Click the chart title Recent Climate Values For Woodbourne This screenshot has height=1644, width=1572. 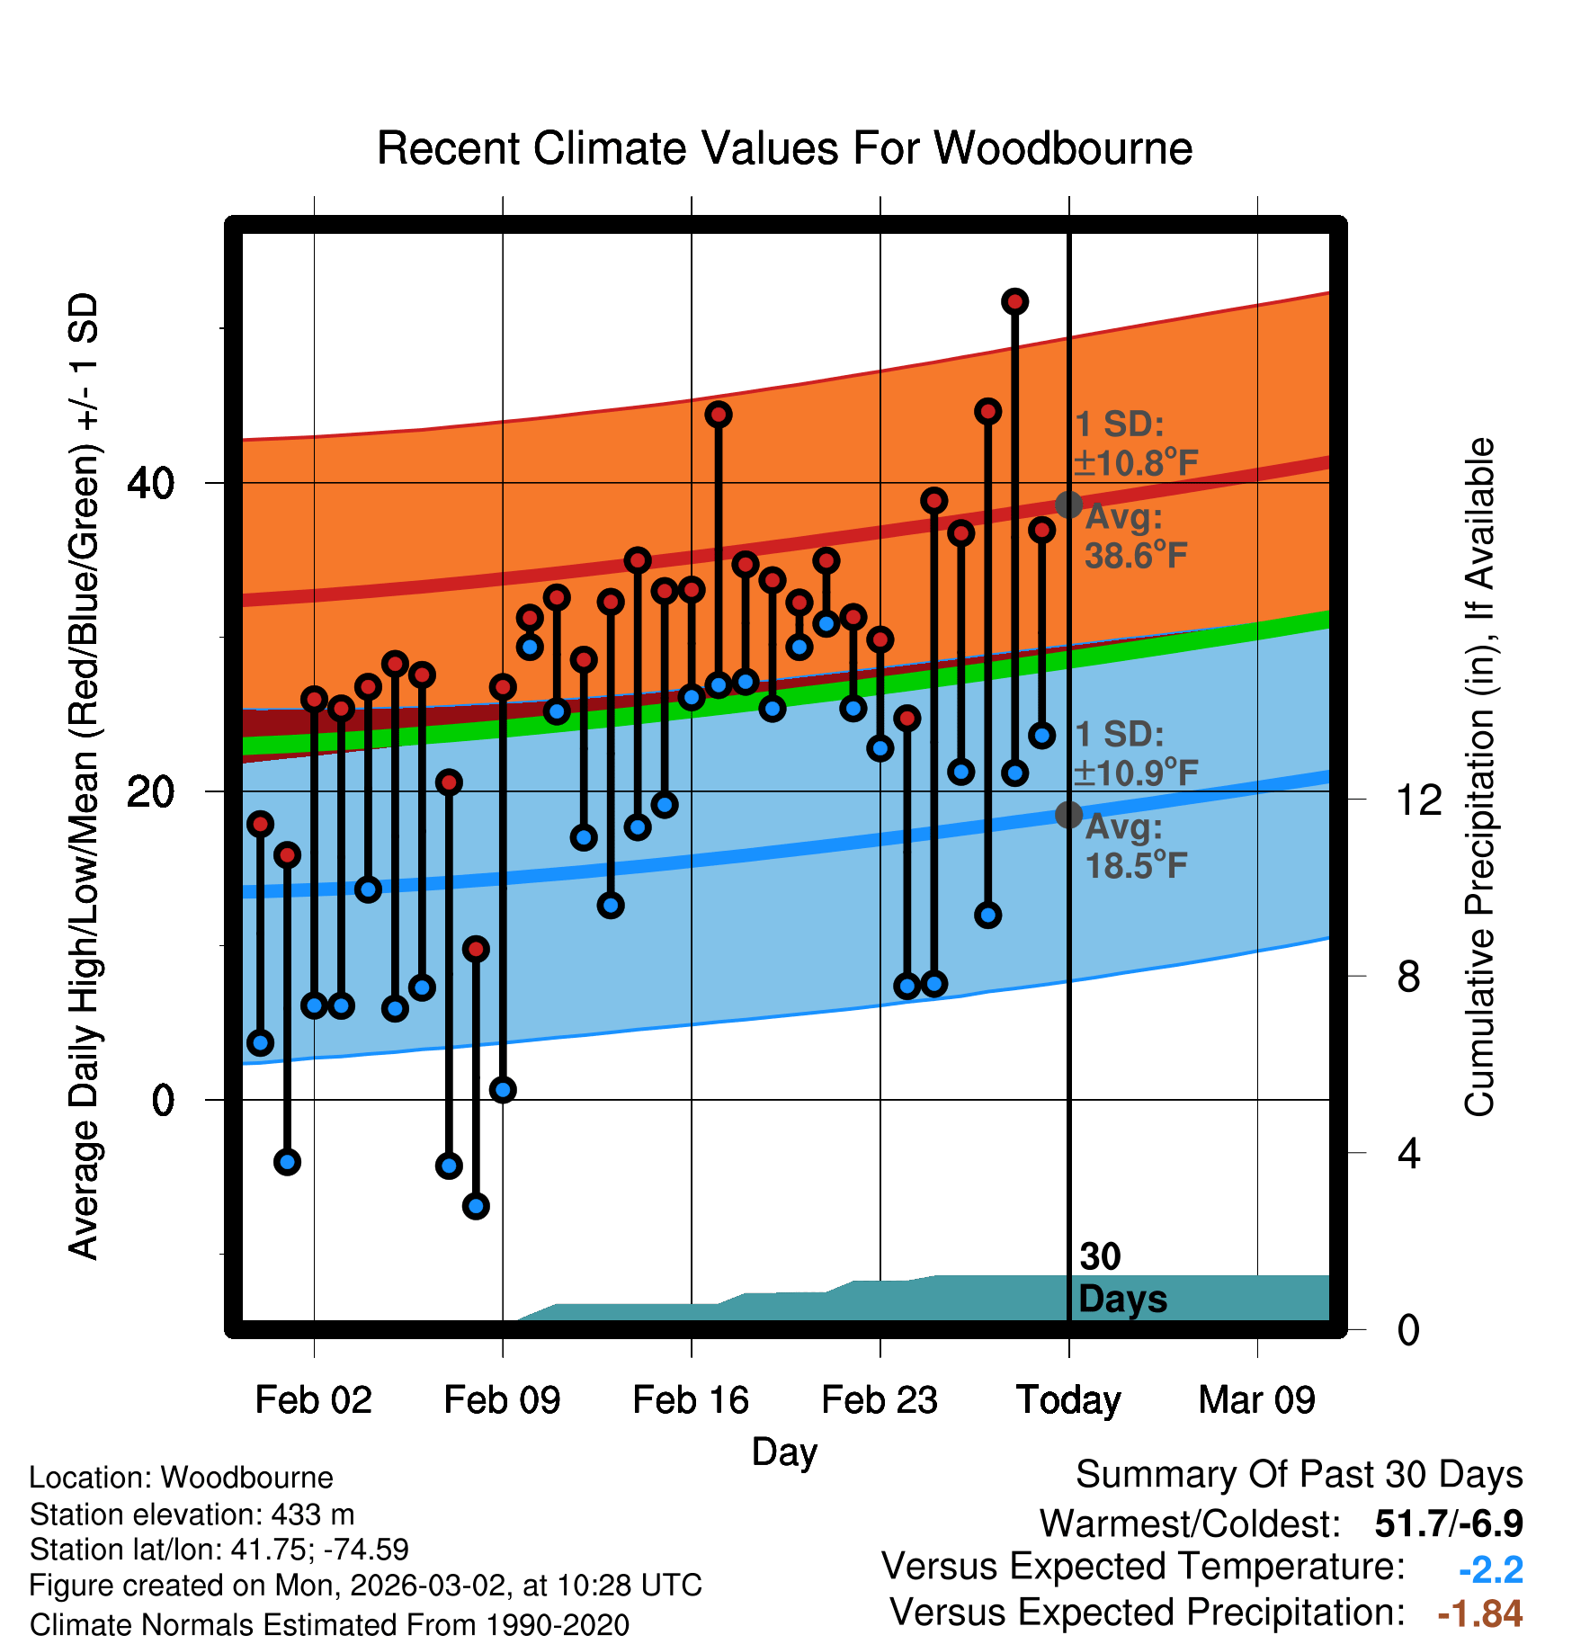click(784, 148)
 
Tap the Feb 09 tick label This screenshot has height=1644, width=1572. click(502, 1400)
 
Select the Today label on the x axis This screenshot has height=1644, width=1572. click(1068, 1400)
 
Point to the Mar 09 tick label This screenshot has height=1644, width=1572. click(1256, 1400)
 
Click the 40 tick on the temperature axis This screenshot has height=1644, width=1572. click(151, 484)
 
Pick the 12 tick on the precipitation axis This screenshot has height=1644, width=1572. click(1419, 800)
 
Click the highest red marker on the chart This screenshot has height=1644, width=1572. click(1014, 301)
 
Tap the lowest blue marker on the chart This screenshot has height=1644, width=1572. click(476, 1206)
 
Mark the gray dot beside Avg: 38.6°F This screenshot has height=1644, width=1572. click(1068, 505)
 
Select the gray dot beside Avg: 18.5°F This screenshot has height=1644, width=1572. click(1068, 815)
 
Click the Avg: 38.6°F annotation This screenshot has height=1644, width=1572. click(1135, 537)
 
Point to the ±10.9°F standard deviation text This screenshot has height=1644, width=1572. click(1136, 772)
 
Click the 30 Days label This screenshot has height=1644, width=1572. click(1121, 1278)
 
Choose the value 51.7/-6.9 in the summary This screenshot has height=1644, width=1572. click(1449, 1523)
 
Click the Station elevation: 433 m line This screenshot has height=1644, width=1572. click(192, 1514)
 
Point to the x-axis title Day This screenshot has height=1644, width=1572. click(784, 1452)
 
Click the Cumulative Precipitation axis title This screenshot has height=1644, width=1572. click(1479, 778)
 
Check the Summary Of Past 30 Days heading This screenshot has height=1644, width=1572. click(1299, 1475)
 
